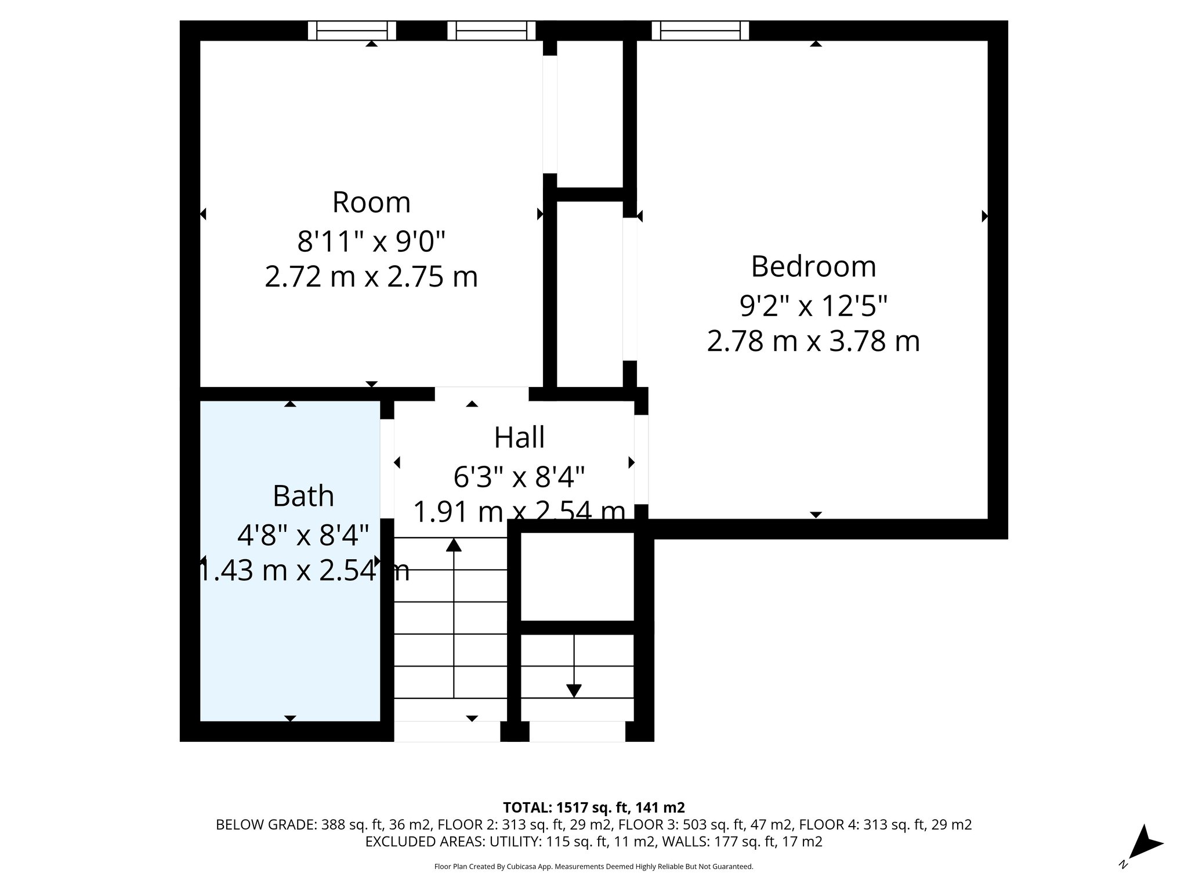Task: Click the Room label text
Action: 371,202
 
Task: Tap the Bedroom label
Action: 813,266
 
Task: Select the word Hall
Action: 519,437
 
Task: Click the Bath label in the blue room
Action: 303,496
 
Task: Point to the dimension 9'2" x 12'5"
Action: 813,305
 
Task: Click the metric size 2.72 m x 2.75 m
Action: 371,277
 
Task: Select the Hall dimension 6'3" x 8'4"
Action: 519,478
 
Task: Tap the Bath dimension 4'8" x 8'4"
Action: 303,535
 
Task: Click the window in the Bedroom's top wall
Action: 700,30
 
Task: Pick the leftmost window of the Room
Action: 352,30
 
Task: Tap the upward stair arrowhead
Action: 454,545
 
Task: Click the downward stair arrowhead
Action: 574,691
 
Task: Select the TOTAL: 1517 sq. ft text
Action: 593,807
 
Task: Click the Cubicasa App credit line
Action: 593,867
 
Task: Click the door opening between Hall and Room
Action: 481,394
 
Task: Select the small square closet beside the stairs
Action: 577,576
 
